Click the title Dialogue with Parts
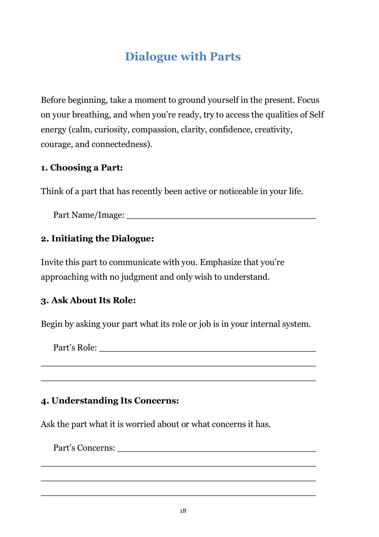(x=183, y=56)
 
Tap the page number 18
(x=183, y=511)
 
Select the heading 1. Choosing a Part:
(x=82, y=168)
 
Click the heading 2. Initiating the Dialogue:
(x=97, y=238)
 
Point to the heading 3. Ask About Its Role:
(x=88, y=300)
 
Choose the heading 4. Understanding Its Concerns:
(x=110, y=401)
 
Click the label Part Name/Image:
(x=89, y=215)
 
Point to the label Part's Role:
(x=75, y=348)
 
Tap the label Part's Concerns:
(x=84, y=448)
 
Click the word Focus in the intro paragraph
(x=308, y=100)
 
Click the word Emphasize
(x=220, y=262)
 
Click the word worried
(x=140, y=424)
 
